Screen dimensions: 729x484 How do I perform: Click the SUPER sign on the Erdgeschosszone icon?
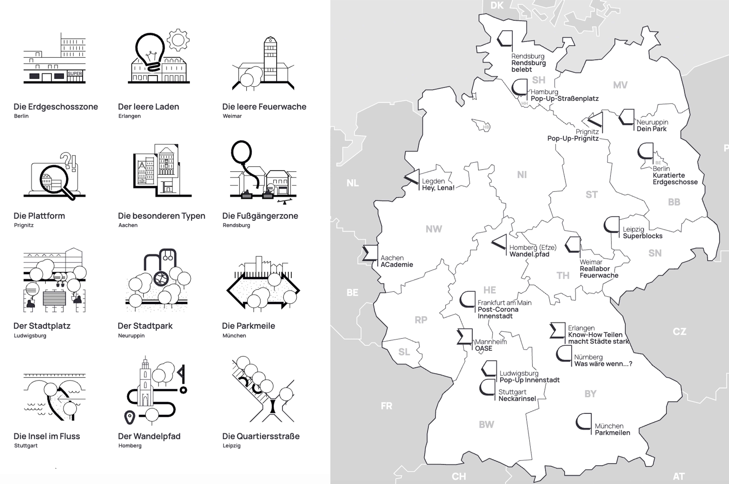(75, 73)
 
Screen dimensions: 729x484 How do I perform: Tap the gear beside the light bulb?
(178, 40)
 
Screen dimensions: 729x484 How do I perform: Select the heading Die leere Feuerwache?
(264, 107)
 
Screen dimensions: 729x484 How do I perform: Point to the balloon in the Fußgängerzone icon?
(242, 152)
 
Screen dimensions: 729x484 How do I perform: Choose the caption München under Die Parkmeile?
(234, 336)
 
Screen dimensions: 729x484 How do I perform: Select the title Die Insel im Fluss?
(47, 436)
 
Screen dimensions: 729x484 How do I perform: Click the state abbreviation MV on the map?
(620, 85)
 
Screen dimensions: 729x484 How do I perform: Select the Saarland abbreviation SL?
(404, 352)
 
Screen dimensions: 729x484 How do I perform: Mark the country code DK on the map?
(497, 5)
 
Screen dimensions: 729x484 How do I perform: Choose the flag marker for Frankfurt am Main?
(467, 299)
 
